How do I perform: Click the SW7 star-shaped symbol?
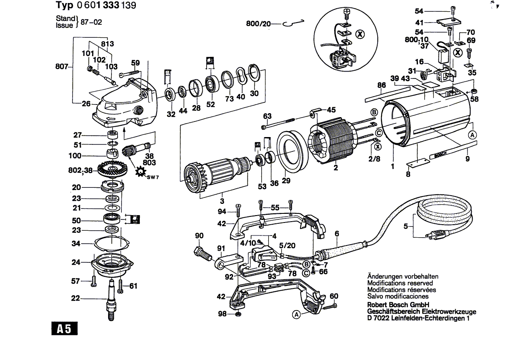(141, 172)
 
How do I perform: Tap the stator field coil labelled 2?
(332, 139)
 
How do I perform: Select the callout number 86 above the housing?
(381, 85)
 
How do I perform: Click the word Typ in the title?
(64, 6)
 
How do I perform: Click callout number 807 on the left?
(62, 67)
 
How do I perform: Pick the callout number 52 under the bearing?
(211, 104)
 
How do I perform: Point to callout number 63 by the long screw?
(267, 116)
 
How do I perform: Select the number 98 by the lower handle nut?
(222, 314)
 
